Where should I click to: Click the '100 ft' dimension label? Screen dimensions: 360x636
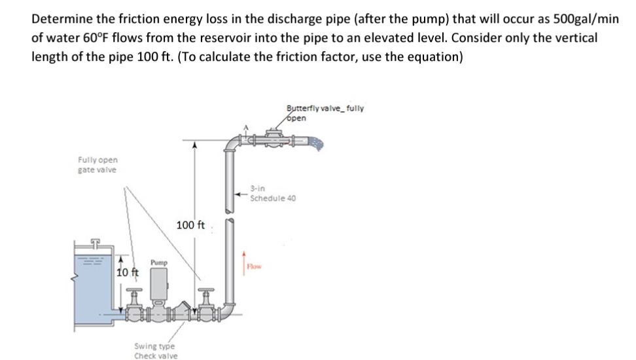pyautogui.click(x=190, y=226)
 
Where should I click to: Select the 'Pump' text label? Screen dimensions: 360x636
pyautogui.click(x=159, y=262)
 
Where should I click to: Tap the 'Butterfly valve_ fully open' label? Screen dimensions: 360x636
pyautogui.click(x=325, y=113)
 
